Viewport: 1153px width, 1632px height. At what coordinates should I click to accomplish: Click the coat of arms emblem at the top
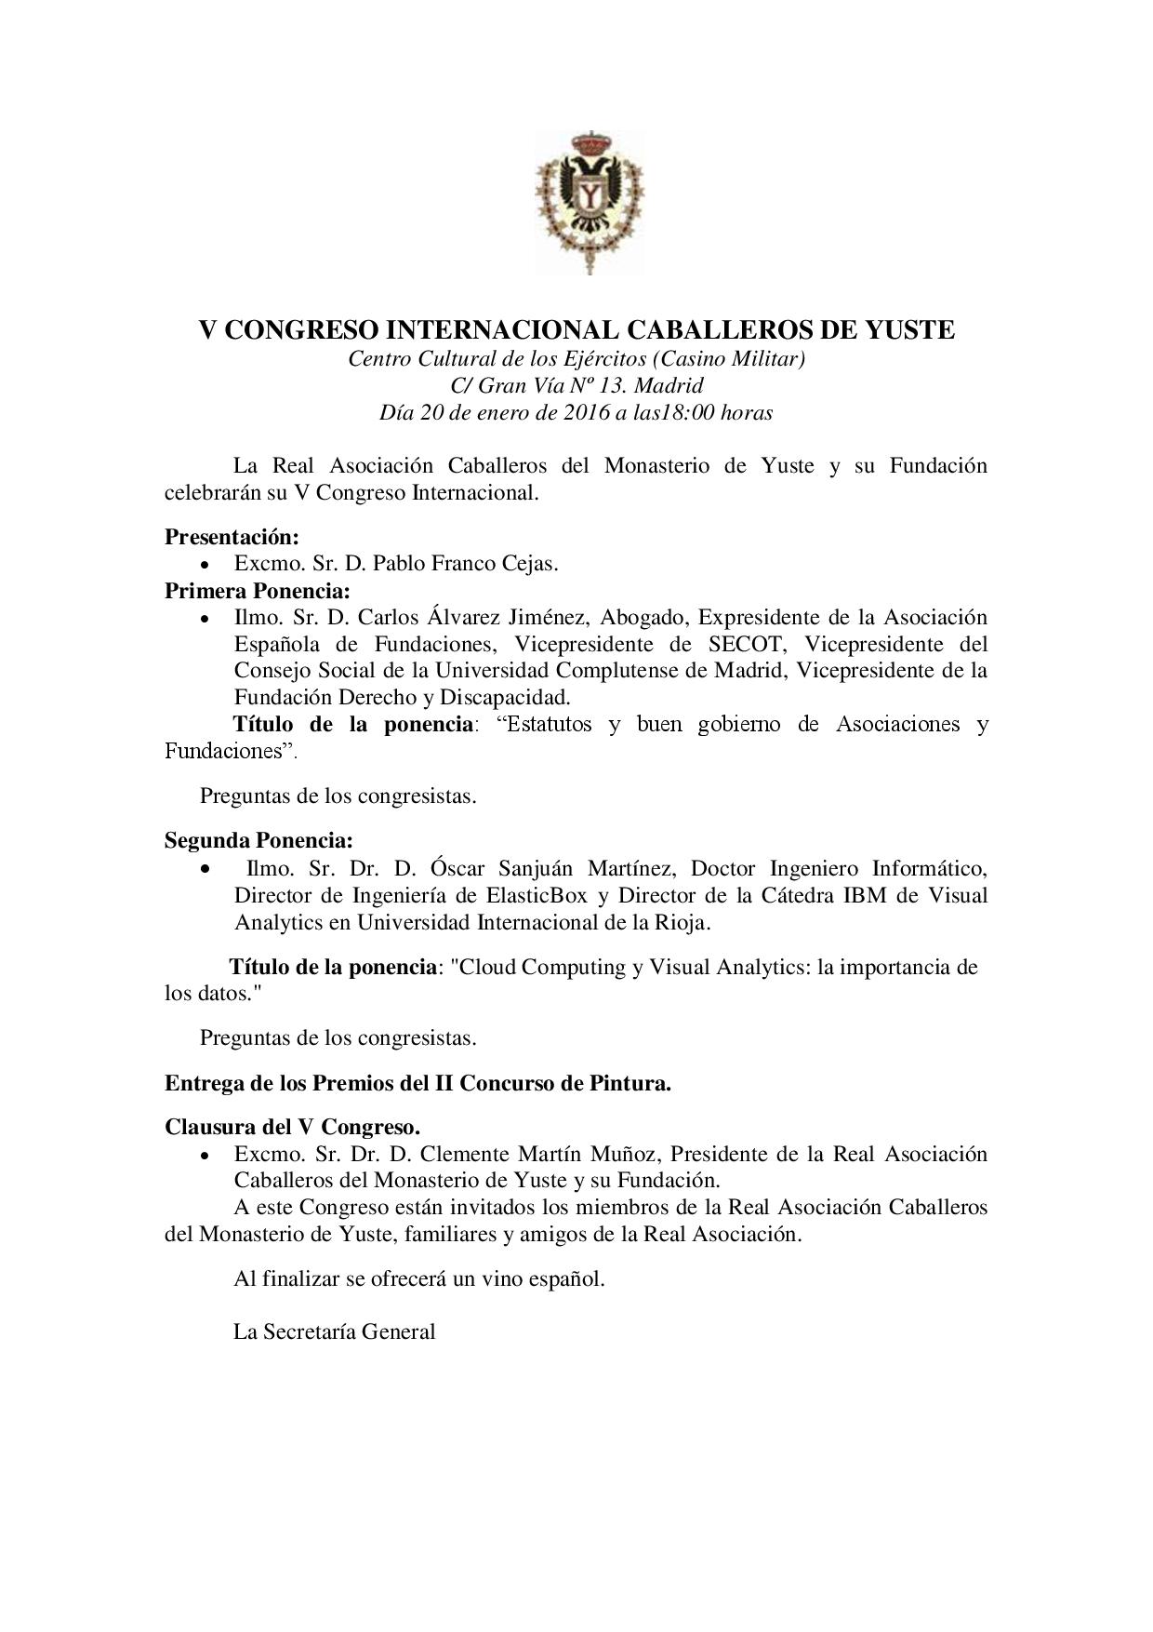click(x=589, y=203)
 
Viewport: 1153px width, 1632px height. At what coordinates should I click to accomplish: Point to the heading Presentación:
click(x=232, y=537)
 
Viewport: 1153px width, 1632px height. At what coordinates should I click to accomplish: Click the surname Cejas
click(x=527, y=564)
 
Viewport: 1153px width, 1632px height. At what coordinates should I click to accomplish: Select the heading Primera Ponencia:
click(x=258, y=591)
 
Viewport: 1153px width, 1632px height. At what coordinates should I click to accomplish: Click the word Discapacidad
click(x=505, y=697)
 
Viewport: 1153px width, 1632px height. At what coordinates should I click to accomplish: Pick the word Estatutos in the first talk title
click(x=545, y=724)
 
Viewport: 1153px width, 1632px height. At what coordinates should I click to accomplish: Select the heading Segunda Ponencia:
click(x=258, y=841)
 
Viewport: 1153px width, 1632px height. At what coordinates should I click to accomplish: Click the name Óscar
click(x=457, y=868)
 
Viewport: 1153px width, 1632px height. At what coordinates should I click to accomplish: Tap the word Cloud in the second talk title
click(x=486, y=967)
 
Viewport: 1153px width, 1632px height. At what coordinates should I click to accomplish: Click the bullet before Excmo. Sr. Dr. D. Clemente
click(x=205, y=1155)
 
